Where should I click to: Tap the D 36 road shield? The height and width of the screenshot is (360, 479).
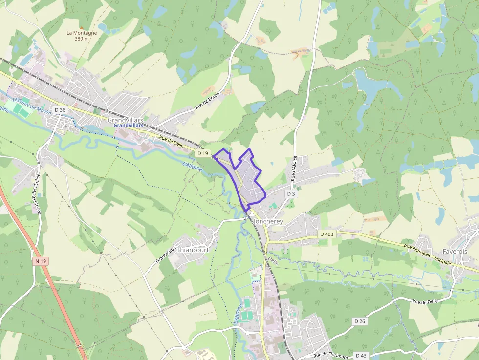(60, 110)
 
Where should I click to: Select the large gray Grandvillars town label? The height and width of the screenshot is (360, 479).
(125, 119)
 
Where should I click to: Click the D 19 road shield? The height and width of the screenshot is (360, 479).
(203, 153)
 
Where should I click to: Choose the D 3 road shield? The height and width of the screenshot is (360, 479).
(291, 194)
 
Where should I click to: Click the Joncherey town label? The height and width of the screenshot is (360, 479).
(268, 221)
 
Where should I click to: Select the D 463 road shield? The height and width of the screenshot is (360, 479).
(327, 234)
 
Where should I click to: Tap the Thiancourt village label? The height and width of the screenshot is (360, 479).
(193, 250)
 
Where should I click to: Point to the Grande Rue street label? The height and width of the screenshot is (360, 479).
(166, 254)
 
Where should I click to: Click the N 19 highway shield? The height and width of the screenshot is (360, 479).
(41, 261)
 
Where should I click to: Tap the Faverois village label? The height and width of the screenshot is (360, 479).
(455, 251)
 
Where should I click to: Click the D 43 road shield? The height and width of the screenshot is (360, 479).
(361, 355)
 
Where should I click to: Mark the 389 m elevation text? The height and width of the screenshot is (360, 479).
(82, 39)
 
